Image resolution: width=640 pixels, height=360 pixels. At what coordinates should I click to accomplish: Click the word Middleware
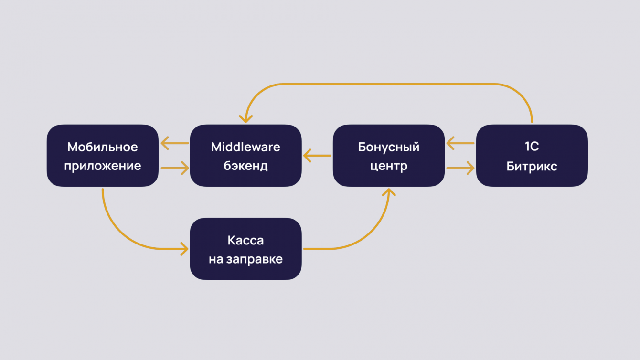[245, 147]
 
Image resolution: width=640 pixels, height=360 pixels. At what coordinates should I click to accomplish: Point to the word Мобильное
[102, 147]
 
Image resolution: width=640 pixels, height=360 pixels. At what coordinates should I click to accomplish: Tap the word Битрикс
[532, 166]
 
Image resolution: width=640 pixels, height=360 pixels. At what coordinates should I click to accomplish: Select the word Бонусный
[389, 147]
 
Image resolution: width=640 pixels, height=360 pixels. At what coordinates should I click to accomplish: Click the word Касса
[245, 240]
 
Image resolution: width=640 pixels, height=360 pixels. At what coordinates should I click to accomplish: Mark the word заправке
[258, 259]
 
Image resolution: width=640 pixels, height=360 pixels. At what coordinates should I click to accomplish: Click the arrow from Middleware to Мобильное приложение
[174, 143]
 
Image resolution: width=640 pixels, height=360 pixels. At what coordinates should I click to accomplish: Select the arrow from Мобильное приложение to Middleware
[175, 168]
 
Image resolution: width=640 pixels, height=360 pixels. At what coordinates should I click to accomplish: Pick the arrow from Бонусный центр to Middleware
[317, 155]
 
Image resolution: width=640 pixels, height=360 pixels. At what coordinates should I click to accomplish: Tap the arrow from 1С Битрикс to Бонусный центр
[460, 143]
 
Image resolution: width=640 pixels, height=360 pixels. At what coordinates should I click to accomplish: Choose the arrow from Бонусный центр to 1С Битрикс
[460, 168]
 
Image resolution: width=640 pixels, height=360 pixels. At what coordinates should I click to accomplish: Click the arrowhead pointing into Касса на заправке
[185, 248]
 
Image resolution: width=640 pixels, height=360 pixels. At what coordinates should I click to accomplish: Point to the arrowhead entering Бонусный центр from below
[390, 192]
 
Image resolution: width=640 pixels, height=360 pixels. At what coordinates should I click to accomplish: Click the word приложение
[104, 166]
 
